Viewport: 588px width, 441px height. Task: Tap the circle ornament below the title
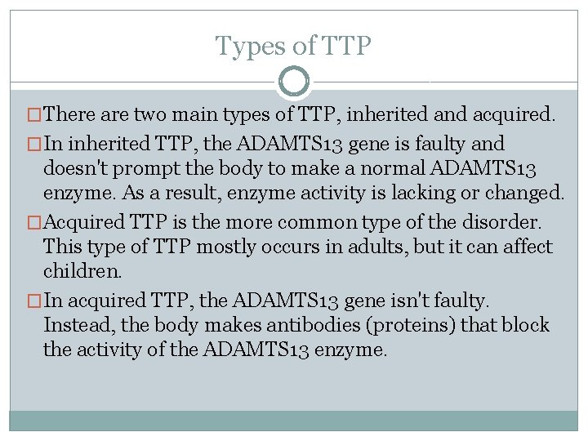[294, 82]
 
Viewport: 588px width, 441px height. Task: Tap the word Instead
[78, 325]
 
